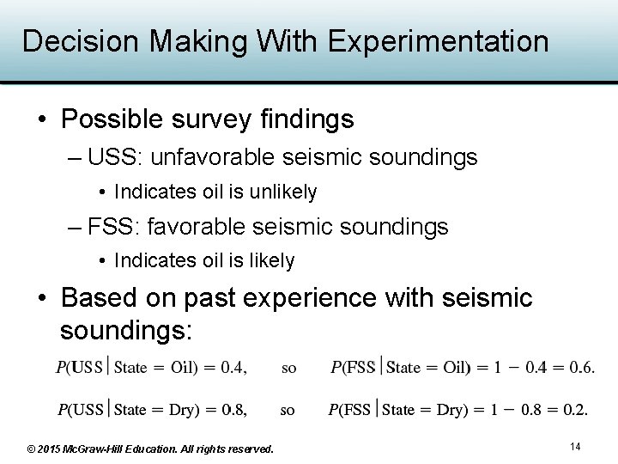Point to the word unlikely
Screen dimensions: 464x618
click(282, 192)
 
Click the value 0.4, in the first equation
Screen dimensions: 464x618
click(233, 368)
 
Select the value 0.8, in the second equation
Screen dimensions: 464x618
click(233, 410)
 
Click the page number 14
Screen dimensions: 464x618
click(575, 447)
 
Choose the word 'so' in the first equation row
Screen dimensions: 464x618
click(289, 368)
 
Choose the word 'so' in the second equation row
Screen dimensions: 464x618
click(288, 410)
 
